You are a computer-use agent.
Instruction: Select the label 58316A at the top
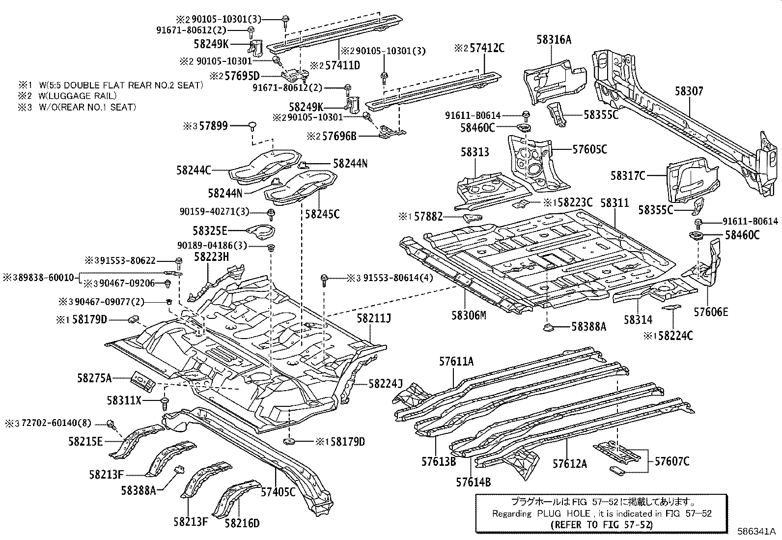[554, 40]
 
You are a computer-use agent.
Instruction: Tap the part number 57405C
[278, 491]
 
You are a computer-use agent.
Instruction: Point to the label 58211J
[374, 319]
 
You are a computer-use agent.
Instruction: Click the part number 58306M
[469, 315]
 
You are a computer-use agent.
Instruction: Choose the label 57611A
[456, 362]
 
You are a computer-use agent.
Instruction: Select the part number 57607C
[672, 461]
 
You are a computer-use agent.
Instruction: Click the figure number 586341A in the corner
[755, 531]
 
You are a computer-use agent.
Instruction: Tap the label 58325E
[210, 230]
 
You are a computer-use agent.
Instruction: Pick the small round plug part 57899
[252, 125]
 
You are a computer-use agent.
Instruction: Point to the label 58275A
[94, 378]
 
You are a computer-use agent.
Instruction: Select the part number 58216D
[242, 523]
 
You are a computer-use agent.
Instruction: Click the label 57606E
[711, 312]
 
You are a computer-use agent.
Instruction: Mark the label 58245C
[322, 214]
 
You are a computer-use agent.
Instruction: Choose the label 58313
[475, 152]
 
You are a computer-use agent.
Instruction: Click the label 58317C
[628, 175]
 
